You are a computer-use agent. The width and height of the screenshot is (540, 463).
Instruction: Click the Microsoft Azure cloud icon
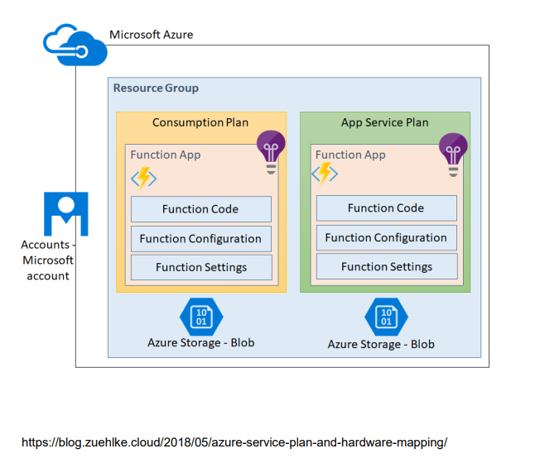pos(75,45)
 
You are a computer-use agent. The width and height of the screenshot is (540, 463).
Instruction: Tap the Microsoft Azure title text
pos(152,35)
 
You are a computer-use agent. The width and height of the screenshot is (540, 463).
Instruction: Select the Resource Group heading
pos(156,88)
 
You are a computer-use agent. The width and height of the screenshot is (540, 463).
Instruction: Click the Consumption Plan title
pos(200,122)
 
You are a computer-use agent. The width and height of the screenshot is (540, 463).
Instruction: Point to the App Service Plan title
pos(385,122)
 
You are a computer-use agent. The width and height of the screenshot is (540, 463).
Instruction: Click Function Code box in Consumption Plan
pos(201,209)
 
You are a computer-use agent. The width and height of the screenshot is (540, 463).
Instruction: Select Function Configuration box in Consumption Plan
pos(201,239)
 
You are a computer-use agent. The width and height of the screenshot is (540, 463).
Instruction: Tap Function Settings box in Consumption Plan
pos(201,267)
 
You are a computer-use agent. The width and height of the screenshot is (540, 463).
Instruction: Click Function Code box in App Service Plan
pos(387,208)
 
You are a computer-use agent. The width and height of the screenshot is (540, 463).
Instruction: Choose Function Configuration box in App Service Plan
pos(387,237)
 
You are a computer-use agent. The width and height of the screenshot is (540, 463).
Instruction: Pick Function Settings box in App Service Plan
pos(387,266)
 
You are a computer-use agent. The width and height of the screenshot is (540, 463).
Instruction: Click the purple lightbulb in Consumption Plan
pos(271,152)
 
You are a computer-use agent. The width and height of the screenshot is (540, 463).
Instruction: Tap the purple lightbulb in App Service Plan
pos(453,155)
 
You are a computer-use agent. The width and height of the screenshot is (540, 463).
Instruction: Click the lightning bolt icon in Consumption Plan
pos(144,178)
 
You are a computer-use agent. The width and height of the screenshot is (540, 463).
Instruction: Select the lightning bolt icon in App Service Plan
pos(325,174)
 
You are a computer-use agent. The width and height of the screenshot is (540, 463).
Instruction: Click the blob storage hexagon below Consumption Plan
pos(201,317)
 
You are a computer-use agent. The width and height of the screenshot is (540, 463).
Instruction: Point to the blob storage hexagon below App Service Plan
pos(387,317)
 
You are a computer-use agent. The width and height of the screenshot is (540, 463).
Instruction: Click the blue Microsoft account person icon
pos(66,214)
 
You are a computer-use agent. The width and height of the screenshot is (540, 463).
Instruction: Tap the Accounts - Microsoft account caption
pos(48,260)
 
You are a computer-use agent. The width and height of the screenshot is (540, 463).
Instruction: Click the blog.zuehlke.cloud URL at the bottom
pos(234,442)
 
